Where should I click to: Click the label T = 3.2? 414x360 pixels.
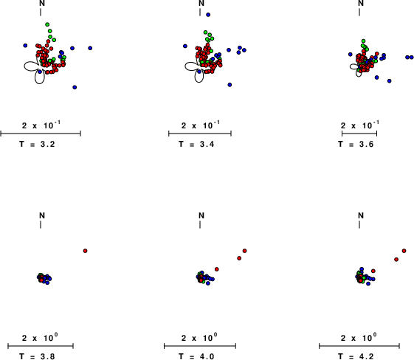click(37, 144)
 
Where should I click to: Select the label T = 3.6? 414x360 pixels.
click(356, 144)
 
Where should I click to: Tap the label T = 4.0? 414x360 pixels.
click(196, 356)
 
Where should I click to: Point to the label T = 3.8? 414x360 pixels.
click(37, 356)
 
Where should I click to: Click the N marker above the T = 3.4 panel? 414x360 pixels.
click(201, 3)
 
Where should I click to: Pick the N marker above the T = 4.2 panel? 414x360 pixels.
click(361, 215)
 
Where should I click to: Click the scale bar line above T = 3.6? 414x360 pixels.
click(359, 134)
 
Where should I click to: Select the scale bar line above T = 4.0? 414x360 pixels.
click(200, 346)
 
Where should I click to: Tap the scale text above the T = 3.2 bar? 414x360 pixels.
click(41, 125)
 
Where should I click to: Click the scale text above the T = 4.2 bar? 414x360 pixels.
click(359, 337)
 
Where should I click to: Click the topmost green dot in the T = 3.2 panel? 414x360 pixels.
click(47, 24)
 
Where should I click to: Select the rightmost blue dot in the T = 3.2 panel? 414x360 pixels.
click(90, 48)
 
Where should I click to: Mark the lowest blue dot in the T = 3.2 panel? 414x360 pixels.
click(75, 87)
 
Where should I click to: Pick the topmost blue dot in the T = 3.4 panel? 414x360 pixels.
click(208, 15)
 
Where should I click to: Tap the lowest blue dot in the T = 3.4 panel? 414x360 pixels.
click(230, 85)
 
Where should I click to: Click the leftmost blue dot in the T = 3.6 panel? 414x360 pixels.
click(351, 55)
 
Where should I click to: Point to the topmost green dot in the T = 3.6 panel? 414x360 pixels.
click(364, 41)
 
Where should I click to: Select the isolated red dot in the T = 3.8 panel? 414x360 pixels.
click(86, 251)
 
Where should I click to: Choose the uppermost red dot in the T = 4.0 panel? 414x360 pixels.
click(245, 251)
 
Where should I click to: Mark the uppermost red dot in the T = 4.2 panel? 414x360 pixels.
click(404, 251)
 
